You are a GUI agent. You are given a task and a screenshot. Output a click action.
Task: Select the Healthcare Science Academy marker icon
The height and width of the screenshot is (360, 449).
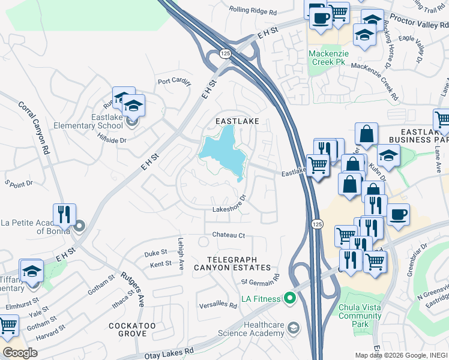tap(294, 328)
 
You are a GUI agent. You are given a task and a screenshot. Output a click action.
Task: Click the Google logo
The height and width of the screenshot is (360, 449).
tap(20, 352)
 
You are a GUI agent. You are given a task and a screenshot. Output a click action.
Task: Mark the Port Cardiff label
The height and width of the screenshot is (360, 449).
tap(174, 81)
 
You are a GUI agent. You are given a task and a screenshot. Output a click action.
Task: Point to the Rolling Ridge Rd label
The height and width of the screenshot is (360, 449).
tap(253, 11)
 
